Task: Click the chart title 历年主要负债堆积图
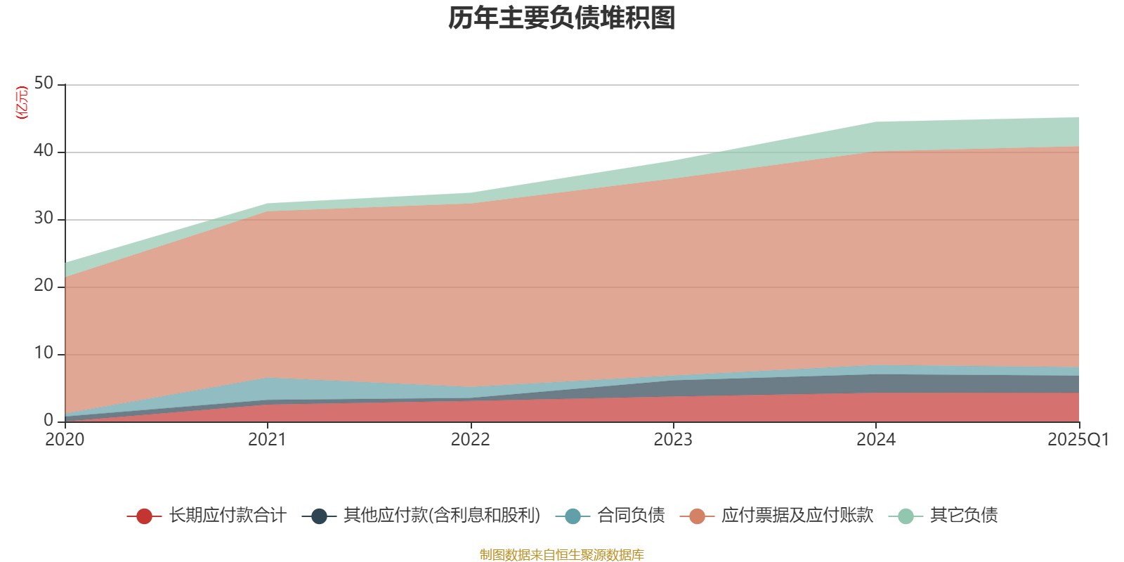pos(562,18)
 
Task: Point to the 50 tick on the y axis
pos(44,84)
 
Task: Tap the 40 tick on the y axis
pos(44,151)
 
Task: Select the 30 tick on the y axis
pos(44,218)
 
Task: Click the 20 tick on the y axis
pos(44,286)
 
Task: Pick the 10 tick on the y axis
pos(44,353)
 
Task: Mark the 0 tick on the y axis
pos(48,420)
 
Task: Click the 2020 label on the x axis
pos(65,440)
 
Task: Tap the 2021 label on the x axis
pos(267,440)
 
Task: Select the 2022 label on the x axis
pos(470,440)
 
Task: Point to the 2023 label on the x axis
pos(673,440)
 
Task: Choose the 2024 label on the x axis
pos(875,440)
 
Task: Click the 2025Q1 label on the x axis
pos(1078,440)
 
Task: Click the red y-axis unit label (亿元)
pos(22,103)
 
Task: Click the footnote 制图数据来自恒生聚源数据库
pos(562,555)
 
